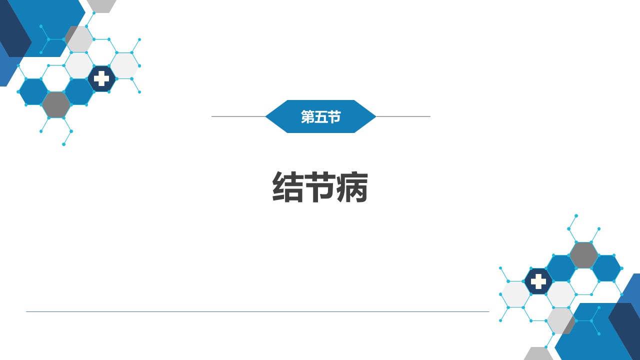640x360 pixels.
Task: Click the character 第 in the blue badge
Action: [307, 116]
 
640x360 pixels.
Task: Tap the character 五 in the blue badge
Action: [320, 116]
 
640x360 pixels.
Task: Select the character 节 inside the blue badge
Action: [334, 116]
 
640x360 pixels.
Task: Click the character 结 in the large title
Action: [287, 187]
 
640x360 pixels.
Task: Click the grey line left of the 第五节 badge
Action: [238, 116]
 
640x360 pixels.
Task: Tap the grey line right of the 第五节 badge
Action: [403, 116]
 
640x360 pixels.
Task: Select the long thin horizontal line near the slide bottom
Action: [257, 311]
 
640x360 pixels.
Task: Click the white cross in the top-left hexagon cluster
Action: [101, 78]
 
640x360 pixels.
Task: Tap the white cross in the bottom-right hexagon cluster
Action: [538, 281]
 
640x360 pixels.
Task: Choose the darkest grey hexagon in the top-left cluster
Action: [56, 105]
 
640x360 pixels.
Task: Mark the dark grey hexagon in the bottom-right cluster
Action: [583, 255]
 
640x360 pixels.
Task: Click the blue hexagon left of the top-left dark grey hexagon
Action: [33, 91]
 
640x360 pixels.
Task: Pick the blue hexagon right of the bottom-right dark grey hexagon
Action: [606, 268]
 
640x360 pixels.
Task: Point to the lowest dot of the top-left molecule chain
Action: [63, 144]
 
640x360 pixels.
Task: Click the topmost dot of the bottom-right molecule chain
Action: [576, 215]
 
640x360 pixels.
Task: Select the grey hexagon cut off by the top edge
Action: [101, 5]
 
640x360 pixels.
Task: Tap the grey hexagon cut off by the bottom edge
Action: [538, 354]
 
